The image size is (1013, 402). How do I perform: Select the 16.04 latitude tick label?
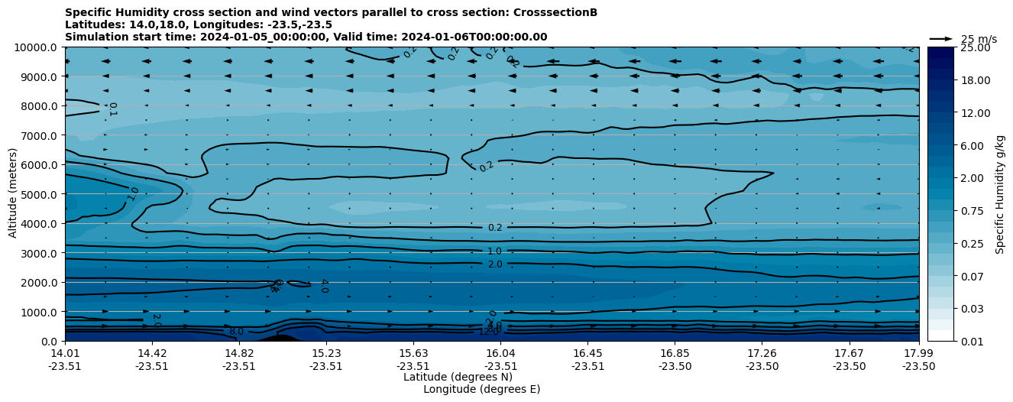500,353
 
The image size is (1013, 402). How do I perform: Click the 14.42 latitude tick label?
152,353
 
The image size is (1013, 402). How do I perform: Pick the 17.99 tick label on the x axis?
918,353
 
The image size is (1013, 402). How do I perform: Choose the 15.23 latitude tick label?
326,353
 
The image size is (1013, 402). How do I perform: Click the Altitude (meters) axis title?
13,194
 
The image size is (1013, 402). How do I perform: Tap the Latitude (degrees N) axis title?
458,377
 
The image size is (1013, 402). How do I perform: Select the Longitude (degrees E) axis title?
481,389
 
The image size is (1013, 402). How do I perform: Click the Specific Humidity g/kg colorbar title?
1000,194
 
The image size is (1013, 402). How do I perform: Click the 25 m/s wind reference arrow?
941,39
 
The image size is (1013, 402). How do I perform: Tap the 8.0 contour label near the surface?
236,332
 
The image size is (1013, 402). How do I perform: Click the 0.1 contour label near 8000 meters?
112,109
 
